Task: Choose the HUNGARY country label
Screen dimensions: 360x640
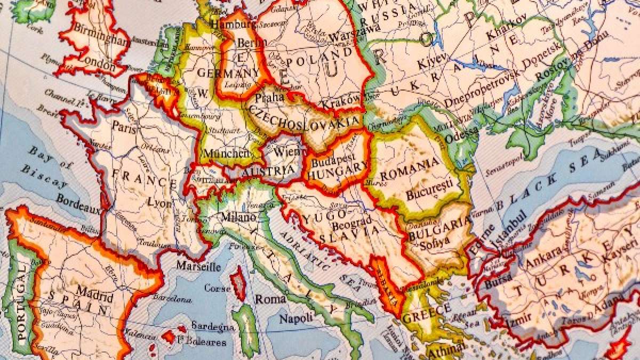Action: (x=338, y=173)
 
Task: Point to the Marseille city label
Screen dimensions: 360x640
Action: (x=198, y=265)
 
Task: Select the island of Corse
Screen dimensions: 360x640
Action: (x=238, y=283)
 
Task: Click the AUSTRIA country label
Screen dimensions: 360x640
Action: (x=268, y=173)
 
